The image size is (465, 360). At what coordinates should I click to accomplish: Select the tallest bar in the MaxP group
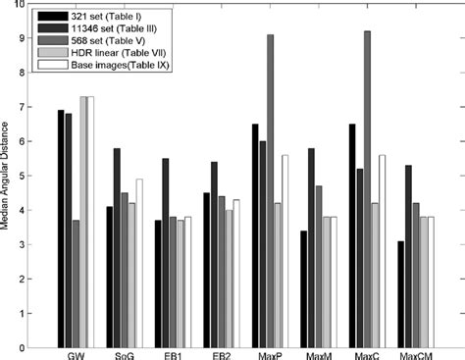[x=270, y=190]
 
